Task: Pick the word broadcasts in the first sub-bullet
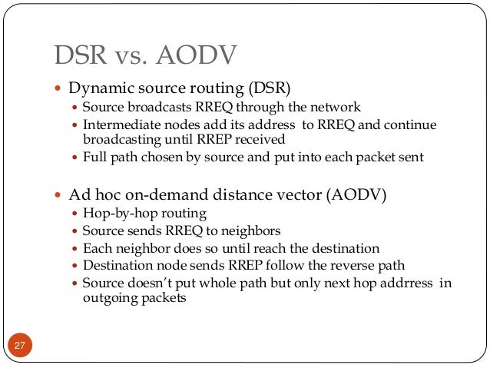(x=151, y=108)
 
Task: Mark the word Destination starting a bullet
(x=116, y=266)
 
